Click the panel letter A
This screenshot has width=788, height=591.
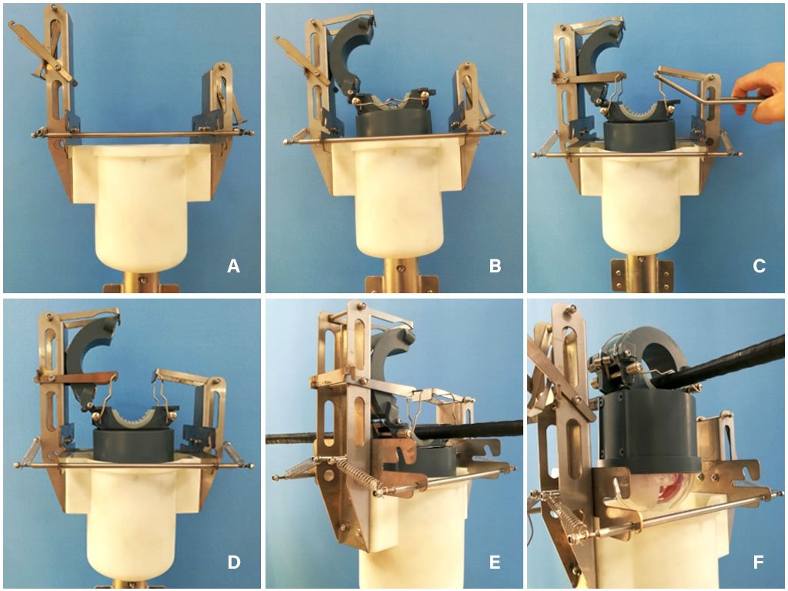233,265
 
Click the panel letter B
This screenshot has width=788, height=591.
495,265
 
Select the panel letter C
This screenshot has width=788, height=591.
759,265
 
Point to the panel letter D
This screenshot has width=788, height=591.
234,562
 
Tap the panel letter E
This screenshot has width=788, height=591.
495,562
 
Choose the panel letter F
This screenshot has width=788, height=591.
759,562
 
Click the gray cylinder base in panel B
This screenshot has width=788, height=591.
393,125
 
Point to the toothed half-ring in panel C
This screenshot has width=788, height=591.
638,111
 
